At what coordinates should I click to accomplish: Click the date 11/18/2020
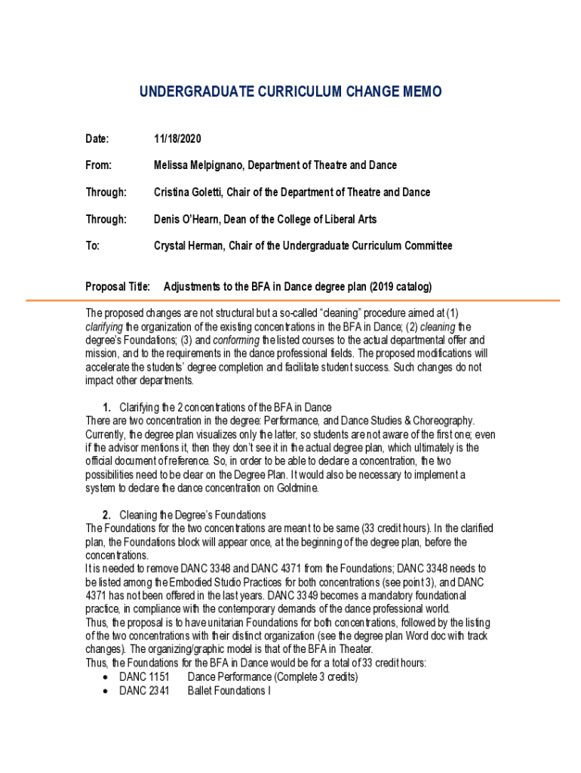[x=177, y=138]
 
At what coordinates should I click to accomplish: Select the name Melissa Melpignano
[x=200, y=165]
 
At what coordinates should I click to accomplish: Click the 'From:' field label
[x=98, y=165]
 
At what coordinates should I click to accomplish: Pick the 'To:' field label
[x=93, y=246]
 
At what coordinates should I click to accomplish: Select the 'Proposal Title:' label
[x=118, y=287]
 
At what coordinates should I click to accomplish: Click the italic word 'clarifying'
[x=104, y=327]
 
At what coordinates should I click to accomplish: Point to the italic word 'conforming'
[x=237, y=340]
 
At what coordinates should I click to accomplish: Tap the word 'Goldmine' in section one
[x=297, y=488]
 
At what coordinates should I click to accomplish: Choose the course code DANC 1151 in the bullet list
[x=144, y=677]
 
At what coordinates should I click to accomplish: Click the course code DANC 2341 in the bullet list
[x=144, y=691]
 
